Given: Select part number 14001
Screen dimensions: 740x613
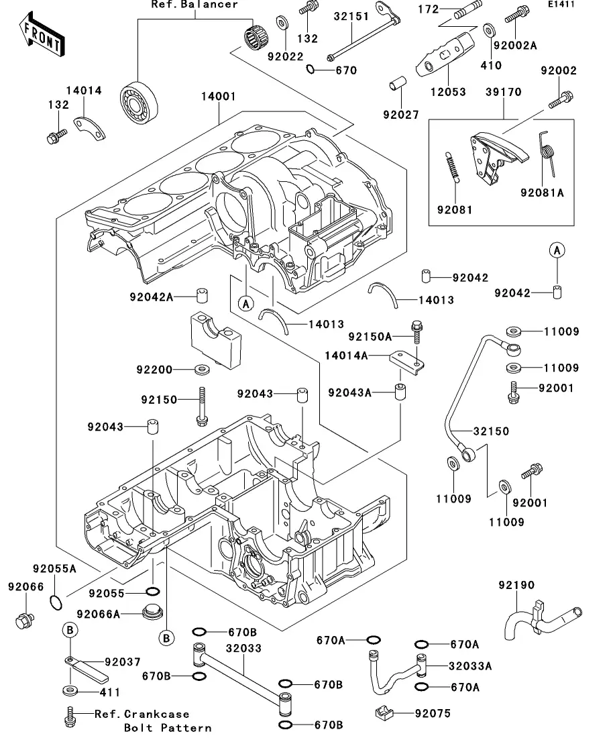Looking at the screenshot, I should pos(218,97).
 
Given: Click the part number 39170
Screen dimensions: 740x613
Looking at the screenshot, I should pos(502,92).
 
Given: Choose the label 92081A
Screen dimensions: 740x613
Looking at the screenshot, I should pos(542,193).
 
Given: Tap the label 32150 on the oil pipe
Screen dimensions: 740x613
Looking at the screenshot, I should pos(491,431).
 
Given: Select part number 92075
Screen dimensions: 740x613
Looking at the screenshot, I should pos(433,713).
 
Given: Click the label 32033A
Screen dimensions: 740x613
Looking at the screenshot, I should pos(470,666).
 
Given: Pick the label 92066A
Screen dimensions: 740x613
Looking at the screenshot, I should pos(99,614).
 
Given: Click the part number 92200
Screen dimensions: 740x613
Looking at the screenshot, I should pos(155,370).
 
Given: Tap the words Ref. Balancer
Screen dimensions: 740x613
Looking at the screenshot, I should pos(194,5).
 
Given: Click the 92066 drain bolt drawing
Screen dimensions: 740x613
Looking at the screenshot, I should pos(25,619).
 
